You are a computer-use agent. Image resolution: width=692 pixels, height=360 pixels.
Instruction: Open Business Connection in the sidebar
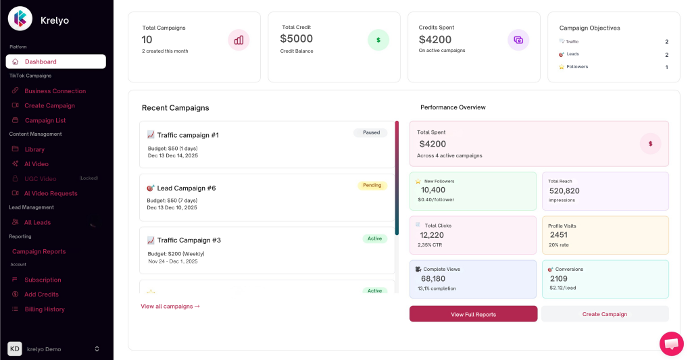point(55,91)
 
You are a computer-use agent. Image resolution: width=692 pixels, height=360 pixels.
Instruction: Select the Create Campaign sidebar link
point(49,105)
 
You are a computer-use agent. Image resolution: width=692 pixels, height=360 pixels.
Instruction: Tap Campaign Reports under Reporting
point(39,251)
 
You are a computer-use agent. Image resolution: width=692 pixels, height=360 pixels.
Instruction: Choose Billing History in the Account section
point(45,309)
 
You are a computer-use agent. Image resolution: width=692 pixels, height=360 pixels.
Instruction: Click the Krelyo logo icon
point(20,19)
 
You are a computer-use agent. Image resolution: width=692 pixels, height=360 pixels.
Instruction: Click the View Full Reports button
point(473,314)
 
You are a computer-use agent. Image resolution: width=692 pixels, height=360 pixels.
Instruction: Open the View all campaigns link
point(170,306)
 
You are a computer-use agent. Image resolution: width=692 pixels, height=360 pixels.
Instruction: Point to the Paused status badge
point(371,133)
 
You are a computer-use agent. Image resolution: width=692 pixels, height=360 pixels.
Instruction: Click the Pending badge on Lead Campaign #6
point(372,185)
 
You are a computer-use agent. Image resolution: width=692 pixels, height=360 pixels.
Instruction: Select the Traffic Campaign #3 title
point(189,240)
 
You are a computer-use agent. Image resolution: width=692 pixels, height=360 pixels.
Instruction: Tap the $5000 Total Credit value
point(296,39)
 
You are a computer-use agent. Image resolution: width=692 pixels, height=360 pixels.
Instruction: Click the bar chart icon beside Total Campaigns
point(239,40)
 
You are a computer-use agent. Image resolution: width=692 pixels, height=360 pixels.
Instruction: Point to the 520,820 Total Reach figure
point(564,191)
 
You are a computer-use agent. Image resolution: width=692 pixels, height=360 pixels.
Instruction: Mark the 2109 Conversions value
point(559,278)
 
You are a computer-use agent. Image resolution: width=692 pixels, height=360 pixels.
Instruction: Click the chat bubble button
point(671,344)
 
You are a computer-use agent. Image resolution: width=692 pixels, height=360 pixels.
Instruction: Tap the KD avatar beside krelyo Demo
point(15,349)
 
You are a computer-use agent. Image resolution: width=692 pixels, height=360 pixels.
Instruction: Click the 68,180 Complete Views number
point(432,278)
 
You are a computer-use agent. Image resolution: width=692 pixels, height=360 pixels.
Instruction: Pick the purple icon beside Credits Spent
point(518,40)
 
